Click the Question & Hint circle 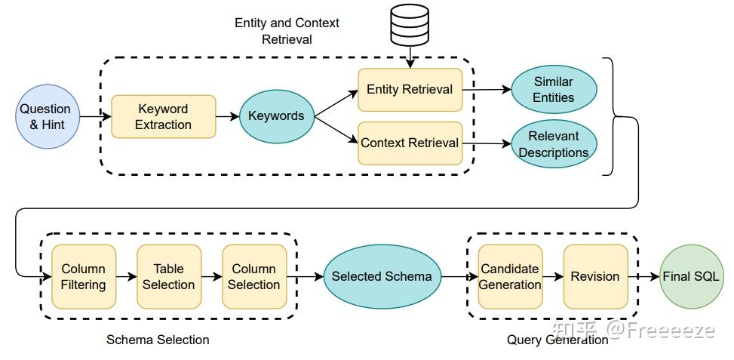point(45,116)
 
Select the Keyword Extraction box point(163,116)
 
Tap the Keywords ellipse point(276,116)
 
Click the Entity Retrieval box point(410,89)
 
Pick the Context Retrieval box point(410,143)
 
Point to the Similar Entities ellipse point(554,89)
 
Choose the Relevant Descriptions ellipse point(554,143)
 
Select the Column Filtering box point(84,276)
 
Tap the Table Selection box point(169,276)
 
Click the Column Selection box point(254,276)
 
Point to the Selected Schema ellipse point(382,276)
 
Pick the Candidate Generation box point(510,276)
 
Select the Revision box point(595,276)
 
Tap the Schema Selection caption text point(158,340)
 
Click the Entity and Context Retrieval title point(287,31)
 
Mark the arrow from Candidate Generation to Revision point(553,276)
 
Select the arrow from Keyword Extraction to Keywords point(227,117)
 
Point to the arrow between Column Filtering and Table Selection point(127,276)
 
